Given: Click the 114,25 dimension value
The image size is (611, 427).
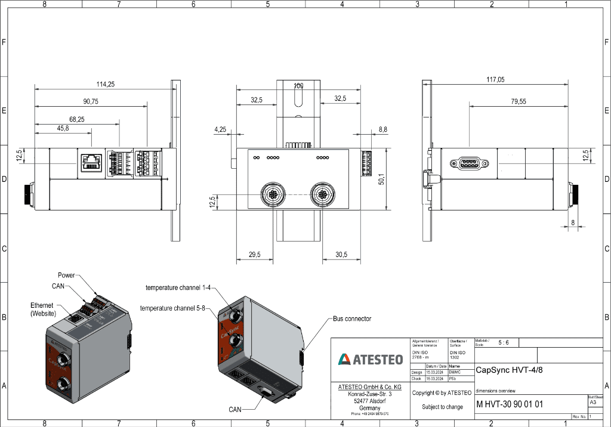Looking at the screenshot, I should point(106,84).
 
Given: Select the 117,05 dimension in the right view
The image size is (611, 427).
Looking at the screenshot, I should point(495,79).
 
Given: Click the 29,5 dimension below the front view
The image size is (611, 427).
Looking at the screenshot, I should point(255,255).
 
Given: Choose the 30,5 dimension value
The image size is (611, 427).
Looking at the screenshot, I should point(341,255).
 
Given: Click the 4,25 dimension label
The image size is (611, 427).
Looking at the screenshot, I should point(220,129).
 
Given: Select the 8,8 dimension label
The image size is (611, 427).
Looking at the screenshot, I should point(382,129).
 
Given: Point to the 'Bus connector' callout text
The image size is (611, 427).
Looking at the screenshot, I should point(352,318).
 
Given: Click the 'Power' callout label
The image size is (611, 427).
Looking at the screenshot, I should point(66,275).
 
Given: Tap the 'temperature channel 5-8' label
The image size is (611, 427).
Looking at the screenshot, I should point(172,308).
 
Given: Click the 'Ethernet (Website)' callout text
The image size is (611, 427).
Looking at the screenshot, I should point(43,309).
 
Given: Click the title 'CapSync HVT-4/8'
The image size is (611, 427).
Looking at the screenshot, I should point(510,370).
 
